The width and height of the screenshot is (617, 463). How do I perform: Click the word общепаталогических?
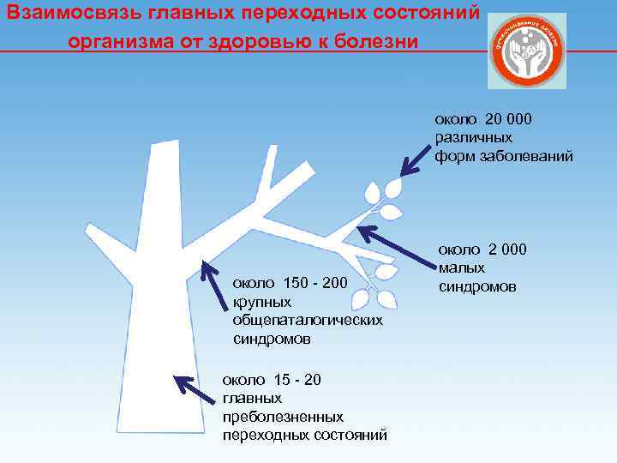307,320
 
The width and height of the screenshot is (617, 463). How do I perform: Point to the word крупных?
262,302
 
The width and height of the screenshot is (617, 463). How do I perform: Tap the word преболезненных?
283,417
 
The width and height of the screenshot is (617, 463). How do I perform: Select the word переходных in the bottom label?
261,435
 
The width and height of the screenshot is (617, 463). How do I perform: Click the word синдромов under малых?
477,286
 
